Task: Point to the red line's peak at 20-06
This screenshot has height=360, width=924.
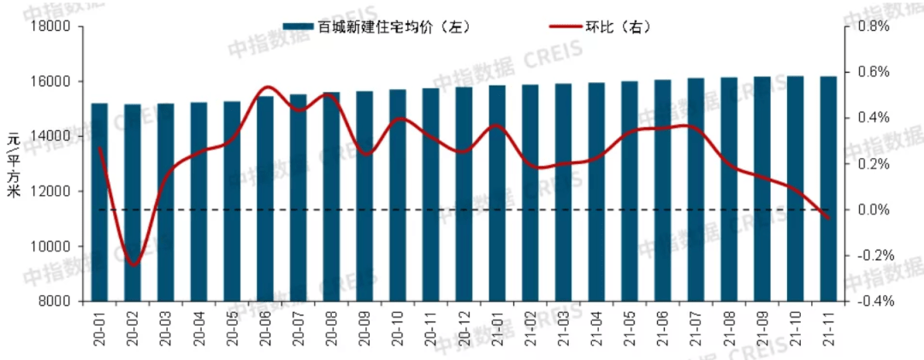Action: [266, 87]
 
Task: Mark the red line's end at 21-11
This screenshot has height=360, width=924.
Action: [828, 218]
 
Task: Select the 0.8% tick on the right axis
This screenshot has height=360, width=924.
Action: [871, 27]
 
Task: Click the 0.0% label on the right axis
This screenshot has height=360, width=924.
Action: [871, 210]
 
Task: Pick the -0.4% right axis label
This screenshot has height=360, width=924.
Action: [869, 301]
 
